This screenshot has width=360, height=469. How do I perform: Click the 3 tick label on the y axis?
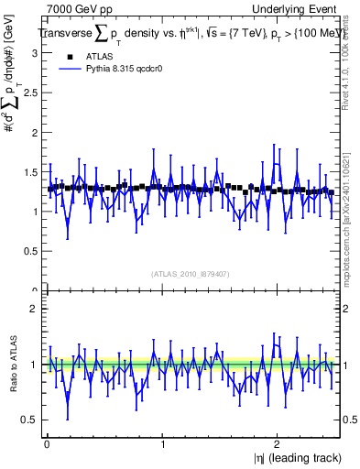coord(34,53)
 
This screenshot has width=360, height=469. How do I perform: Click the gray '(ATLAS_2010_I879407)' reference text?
coord(190,274)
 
